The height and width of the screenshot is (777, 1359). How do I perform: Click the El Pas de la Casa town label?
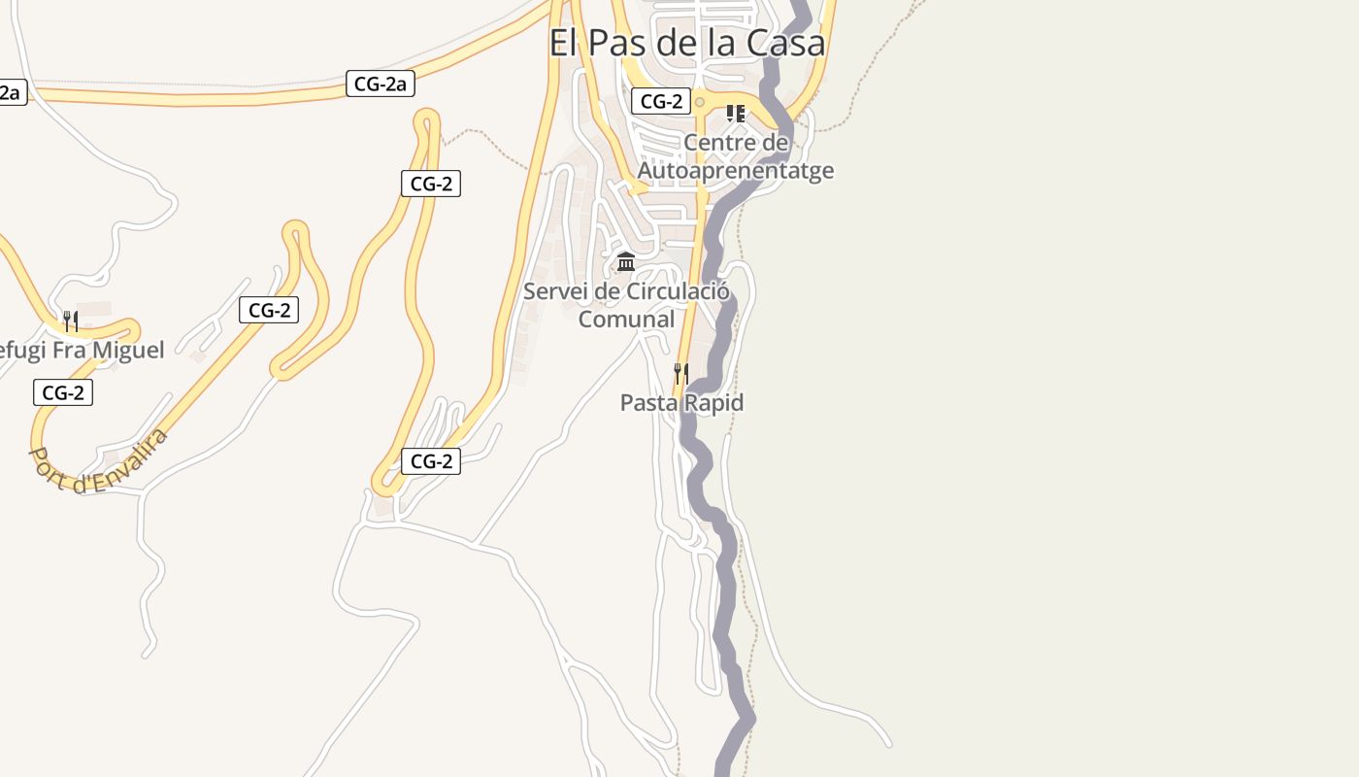point(687,43)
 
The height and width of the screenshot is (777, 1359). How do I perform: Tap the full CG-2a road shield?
point(380,84)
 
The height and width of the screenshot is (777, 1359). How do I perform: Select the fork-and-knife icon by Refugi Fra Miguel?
point(70,321)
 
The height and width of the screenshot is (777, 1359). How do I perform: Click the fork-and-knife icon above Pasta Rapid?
point(681,373)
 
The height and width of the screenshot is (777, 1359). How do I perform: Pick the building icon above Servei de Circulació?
point(626,262)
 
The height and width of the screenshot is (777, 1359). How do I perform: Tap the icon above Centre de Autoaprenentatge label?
point(736,114)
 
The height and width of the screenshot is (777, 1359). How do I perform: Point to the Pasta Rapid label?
point(681,403)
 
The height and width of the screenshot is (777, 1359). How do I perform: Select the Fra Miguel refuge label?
point(83,350)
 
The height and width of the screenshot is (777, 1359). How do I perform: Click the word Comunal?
point(626,319)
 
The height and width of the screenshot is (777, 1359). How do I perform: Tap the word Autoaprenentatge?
point(735,171)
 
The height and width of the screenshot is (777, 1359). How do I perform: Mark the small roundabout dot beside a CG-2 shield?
point(699,102)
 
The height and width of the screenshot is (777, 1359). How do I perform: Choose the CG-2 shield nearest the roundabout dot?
point(661,101)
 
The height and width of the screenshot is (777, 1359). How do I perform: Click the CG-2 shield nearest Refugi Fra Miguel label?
point(63,392)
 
